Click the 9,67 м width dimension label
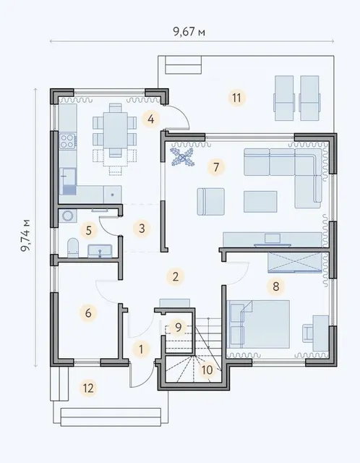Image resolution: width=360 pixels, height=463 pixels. [189, 32]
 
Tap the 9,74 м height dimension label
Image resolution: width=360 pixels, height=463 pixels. [25, 235]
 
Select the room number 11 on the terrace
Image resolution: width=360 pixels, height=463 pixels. [236, 98]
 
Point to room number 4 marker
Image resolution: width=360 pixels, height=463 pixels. [151, 119]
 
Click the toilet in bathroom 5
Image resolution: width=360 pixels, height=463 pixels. [72, 247]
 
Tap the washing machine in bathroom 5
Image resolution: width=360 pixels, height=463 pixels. [68, 216]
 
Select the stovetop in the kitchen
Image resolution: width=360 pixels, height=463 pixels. [67, 140]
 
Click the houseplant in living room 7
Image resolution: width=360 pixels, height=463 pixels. [182, 158]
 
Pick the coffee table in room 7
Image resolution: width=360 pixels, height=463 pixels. [260, 201]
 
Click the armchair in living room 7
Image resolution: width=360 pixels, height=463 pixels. [210, 201]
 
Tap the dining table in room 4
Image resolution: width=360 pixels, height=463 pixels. [116, 130]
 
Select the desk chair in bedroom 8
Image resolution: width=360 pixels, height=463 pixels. [308, 333]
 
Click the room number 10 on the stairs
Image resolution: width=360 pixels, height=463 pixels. [207, 370]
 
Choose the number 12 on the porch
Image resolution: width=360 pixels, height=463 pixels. [88, 388]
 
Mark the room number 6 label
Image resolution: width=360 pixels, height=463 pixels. [88, 313]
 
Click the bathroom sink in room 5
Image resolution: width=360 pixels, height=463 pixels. [100, 251]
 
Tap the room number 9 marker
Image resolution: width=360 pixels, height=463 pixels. [179, 327]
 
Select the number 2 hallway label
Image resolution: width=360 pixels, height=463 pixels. [176, 276]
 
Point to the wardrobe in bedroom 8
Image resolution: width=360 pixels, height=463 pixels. [294, 262]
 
